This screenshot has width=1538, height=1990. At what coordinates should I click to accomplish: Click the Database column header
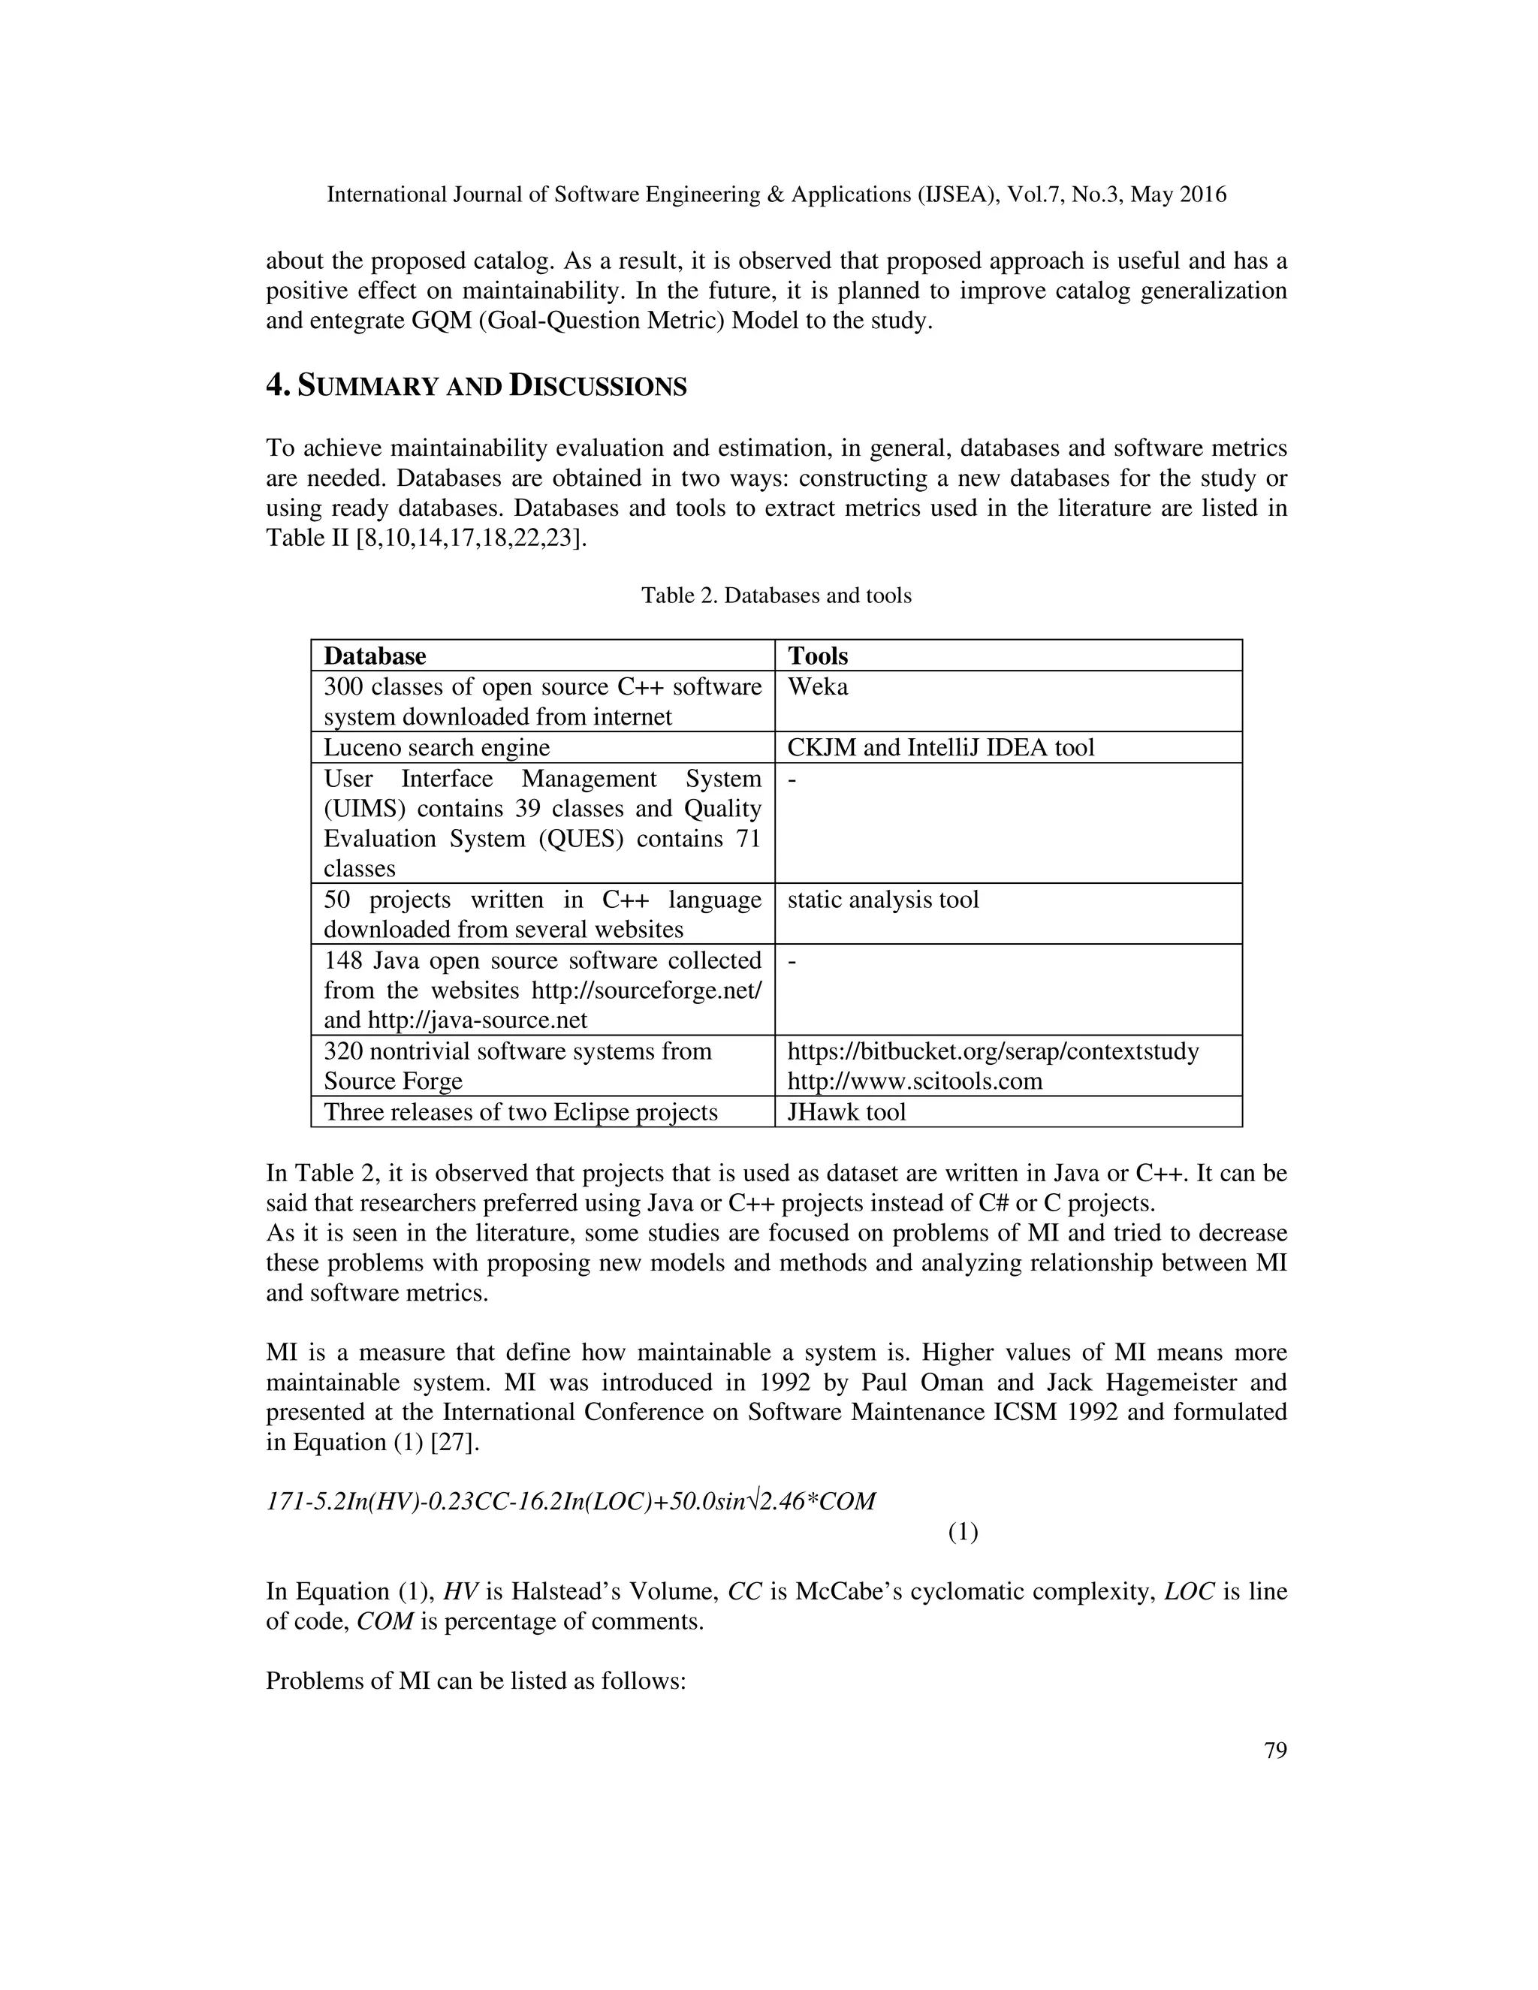pyautogui.click(x=375, y=656)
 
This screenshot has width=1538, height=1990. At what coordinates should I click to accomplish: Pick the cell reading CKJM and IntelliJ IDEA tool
pyautogui.click(x=940, y=748)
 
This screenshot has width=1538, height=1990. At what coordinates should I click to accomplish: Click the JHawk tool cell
pyautogui.click(x=846, y=1111)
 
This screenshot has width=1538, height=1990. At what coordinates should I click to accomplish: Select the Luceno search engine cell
pyautogui.click(x=436, y=748)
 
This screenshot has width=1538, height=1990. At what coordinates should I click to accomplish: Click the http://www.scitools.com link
pyautogui.click(x=914, y=1081)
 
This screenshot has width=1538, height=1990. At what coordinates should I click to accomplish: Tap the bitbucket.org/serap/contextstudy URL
pyautogui.click(x=992, y=1051)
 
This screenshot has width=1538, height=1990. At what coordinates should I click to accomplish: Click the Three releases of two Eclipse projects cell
pyautogui.click(x=520, y=1111)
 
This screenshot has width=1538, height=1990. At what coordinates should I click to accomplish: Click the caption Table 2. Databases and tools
pyautogui.click(x=775, y=596)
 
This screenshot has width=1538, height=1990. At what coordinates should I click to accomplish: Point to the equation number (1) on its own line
pyautogui.click(x=962, y=1533)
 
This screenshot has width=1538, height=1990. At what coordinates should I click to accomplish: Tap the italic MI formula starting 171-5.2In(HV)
pyautogui.click(x=569, y=1502)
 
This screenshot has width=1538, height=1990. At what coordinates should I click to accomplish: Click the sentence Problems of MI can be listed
pyautogui.click(x=475, y=1681)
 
